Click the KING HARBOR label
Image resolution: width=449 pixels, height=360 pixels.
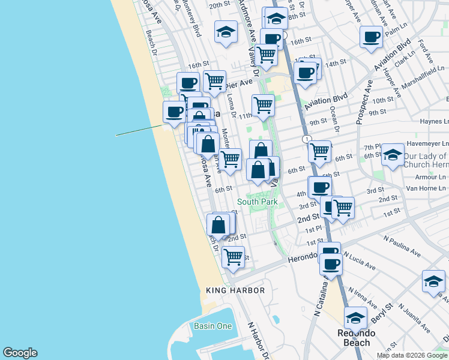[235, 290]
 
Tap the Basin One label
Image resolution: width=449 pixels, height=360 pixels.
[212, 326]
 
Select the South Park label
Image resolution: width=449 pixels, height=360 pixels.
[257, 202]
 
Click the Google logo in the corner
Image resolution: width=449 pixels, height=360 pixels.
[19, 353]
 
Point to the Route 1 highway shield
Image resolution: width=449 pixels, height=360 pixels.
[307, 139]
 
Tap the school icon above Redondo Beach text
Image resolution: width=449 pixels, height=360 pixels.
[355, 317]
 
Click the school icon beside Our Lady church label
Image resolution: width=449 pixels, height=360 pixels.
[393, 155]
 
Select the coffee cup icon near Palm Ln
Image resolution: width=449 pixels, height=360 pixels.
[371, 37]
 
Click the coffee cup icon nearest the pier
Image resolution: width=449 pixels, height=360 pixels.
[175, 111]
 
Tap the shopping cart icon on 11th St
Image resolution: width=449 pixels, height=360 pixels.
[263, 105]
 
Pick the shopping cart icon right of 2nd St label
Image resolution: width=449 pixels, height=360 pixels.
[343, 208]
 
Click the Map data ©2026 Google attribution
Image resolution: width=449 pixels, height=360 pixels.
[412, 355]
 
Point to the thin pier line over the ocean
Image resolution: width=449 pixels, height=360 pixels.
[139, 130]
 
